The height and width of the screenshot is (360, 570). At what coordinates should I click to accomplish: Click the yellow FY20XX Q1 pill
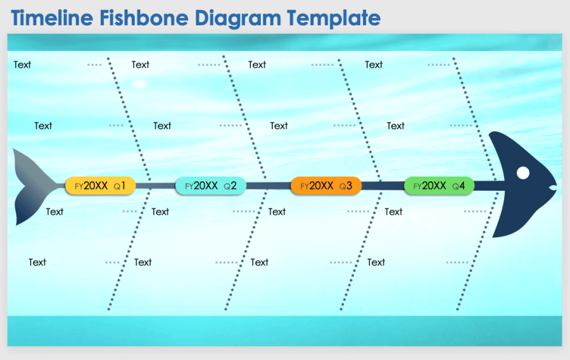pyautogui.click(x=100, y=186)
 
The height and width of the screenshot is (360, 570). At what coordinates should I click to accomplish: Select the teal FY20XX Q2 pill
pyautogui.click(x=210, y=186)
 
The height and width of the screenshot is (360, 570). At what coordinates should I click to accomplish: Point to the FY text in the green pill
pyautogui.click(x=417, y=186)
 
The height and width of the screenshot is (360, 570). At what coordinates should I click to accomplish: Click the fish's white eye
pyautogui.click(x=522, y=172)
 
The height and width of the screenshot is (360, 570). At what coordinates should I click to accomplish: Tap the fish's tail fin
pyautogui.click(x=35, y=186)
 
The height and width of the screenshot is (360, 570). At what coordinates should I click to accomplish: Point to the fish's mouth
pyautogui.click(x=553, y=188)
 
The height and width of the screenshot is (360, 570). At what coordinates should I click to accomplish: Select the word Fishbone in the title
pyautogui.click(x=144, y=18)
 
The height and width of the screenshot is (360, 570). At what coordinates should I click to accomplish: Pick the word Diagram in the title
pyautogui.click(x=238, y=18)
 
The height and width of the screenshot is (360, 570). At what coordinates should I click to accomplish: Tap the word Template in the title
pyautogui.click(x=334, y=18)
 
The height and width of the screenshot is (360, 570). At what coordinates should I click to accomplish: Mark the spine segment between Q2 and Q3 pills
pyautogui.click(x=268, y=186)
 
